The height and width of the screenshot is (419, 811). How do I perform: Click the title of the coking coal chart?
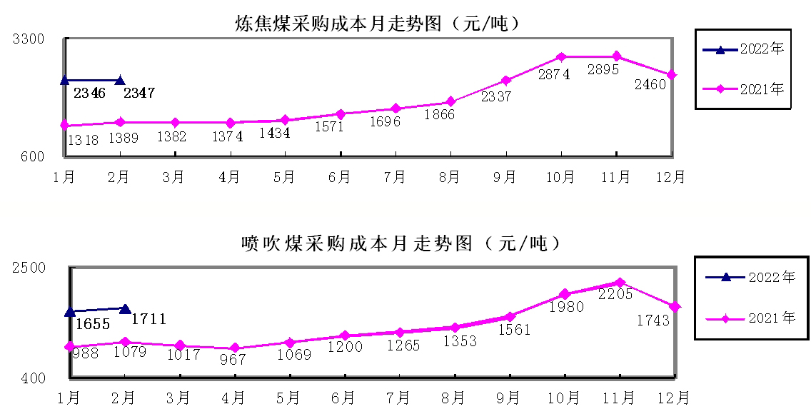coord(377,24)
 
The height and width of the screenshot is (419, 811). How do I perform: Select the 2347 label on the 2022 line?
coord(139,93)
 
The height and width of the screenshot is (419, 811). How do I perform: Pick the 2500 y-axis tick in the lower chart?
coord(29,268)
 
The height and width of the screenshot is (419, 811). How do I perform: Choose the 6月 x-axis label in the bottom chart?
coord(343,397)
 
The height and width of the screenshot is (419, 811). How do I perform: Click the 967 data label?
coord(233,360)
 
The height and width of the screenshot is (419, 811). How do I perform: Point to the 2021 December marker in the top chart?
coord(672,75)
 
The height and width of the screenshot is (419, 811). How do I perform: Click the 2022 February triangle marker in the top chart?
coord(120,81)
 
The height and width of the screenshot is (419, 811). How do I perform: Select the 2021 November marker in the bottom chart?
coord(620,283)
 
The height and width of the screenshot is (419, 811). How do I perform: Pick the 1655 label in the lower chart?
coord(92,324)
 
